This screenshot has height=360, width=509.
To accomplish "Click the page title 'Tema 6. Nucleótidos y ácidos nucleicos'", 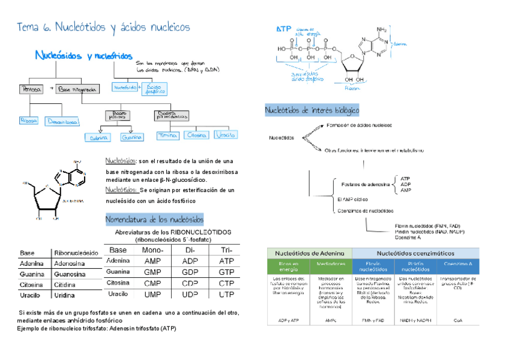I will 104,28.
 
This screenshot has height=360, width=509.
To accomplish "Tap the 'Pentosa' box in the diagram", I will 31,89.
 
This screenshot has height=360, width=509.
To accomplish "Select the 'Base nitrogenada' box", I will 77,89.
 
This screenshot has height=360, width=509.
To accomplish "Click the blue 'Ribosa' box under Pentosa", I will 29,121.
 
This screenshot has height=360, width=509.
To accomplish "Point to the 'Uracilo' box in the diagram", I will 226,136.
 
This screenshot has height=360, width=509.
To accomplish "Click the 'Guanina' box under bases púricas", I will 131,137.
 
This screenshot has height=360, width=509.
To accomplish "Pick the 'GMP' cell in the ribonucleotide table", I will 152,272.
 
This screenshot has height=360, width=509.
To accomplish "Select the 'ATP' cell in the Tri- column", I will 226,261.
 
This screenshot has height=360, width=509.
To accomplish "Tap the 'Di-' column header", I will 190,250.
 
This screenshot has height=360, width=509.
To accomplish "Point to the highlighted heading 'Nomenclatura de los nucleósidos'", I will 154,219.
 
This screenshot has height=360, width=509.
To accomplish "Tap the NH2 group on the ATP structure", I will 381,29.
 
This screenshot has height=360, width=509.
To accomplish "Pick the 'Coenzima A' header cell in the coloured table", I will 458,264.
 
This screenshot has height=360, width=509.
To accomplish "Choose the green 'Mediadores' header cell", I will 331,264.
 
